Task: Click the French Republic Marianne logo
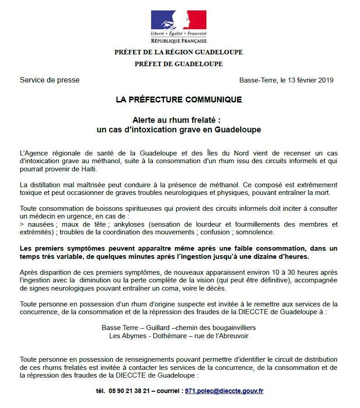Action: [x=179, y=20]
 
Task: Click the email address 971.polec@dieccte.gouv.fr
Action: [x=224, y=391]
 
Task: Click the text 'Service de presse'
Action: [x=49, y=80]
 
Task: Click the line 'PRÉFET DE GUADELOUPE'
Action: [x=179, y=64]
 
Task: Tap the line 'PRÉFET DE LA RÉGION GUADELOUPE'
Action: [x=179, y=52]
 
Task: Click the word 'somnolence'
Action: [x=258, y=232]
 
